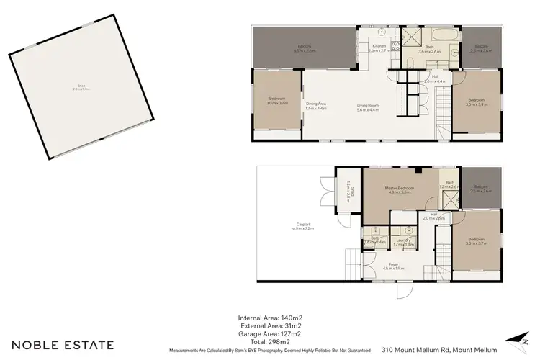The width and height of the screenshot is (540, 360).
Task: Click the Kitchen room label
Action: tap(377, 46)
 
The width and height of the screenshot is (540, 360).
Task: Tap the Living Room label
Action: tap(368, 107)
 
